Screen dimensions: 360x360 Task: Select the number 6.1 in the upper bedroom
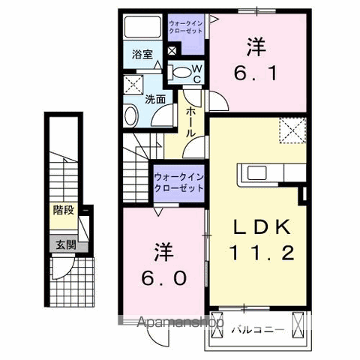click(x=256, y=73)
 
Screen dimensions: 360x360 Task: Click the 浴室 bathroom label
click(x=142, y=55)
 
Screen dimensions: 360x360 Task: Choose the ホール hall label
click(x=191, y=119)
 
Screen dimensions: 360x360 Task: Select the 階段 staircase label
click(x=63, y=211)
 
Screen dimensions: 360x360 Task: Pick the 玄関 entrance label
click(x=63, y=244)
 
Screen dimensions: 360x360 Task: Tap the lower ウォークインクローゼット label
click(x=178, y=182)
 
